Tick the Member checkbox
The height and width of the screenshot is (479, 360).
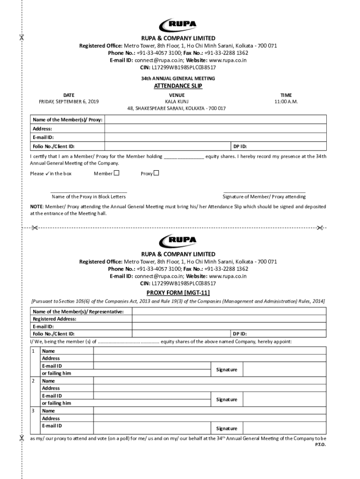coord(117,173)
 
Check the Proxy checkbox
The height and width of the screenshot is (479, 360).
coord(157,173)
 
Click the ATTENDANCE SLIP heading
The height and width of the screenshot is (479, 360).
coord(178,86)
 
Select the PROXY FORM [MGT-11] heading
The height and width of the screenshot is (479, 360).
coord(178,293)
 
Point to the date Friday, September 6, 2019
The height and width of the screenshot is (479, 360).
coord(69,102)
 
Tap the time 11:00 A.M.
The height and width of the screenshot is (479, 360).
coord(286,102)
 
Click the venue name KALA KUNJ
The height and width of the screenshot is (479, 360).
coord(176,102)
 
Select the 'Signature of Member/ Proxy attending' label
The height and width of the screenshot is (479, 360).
coord(264,196)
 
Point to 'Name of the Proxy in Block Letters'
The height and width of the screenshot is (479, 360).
coord(88,196)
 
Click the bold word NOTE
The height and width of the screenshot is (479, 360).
coord(36,206)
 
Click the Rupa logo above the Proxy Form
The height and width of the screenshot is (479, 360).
coord(178,241)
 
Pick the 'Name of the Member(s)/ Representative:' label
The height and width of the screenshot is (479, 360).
coord(78,312)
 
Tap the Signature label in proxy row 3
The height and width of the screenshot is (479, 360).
coord(226,428)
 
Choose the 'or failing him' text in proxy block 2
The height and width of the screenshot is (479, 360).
coord(57,403)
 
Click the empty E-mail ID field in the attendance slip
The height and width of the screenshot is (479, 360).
coord(215,137)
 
